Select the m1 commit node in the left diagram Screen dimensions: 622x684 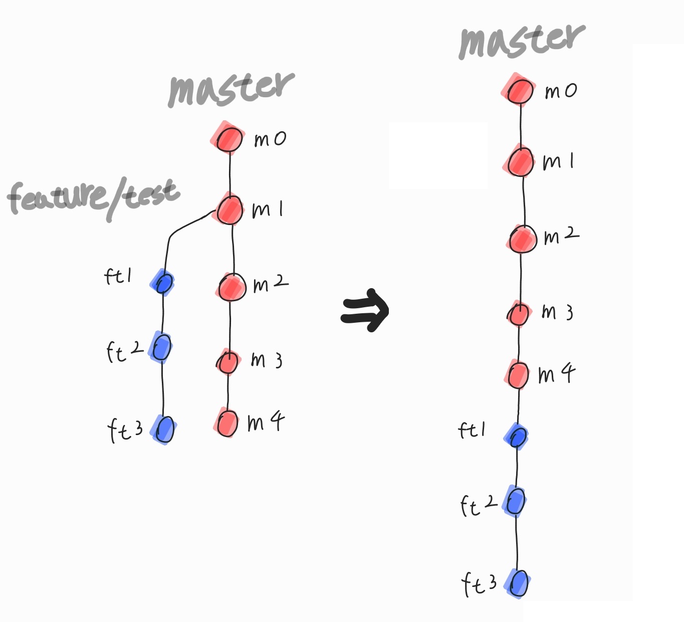click(230, 210)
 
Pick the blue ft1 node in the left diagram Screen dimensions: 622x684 click(163, 283)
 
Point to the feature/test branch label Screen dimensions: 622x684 click(93, 197)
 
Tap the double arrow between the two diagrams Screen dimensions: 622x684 click(365, 310)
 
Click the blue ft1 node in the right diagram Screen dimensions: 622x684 click(517, 437)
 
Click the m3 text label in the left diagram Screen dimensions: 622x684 click(267, 359)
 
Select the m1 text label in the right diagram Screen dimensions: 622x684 click(558, 161)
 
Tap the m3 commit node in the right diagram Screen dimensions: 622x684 click(518, 314)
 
